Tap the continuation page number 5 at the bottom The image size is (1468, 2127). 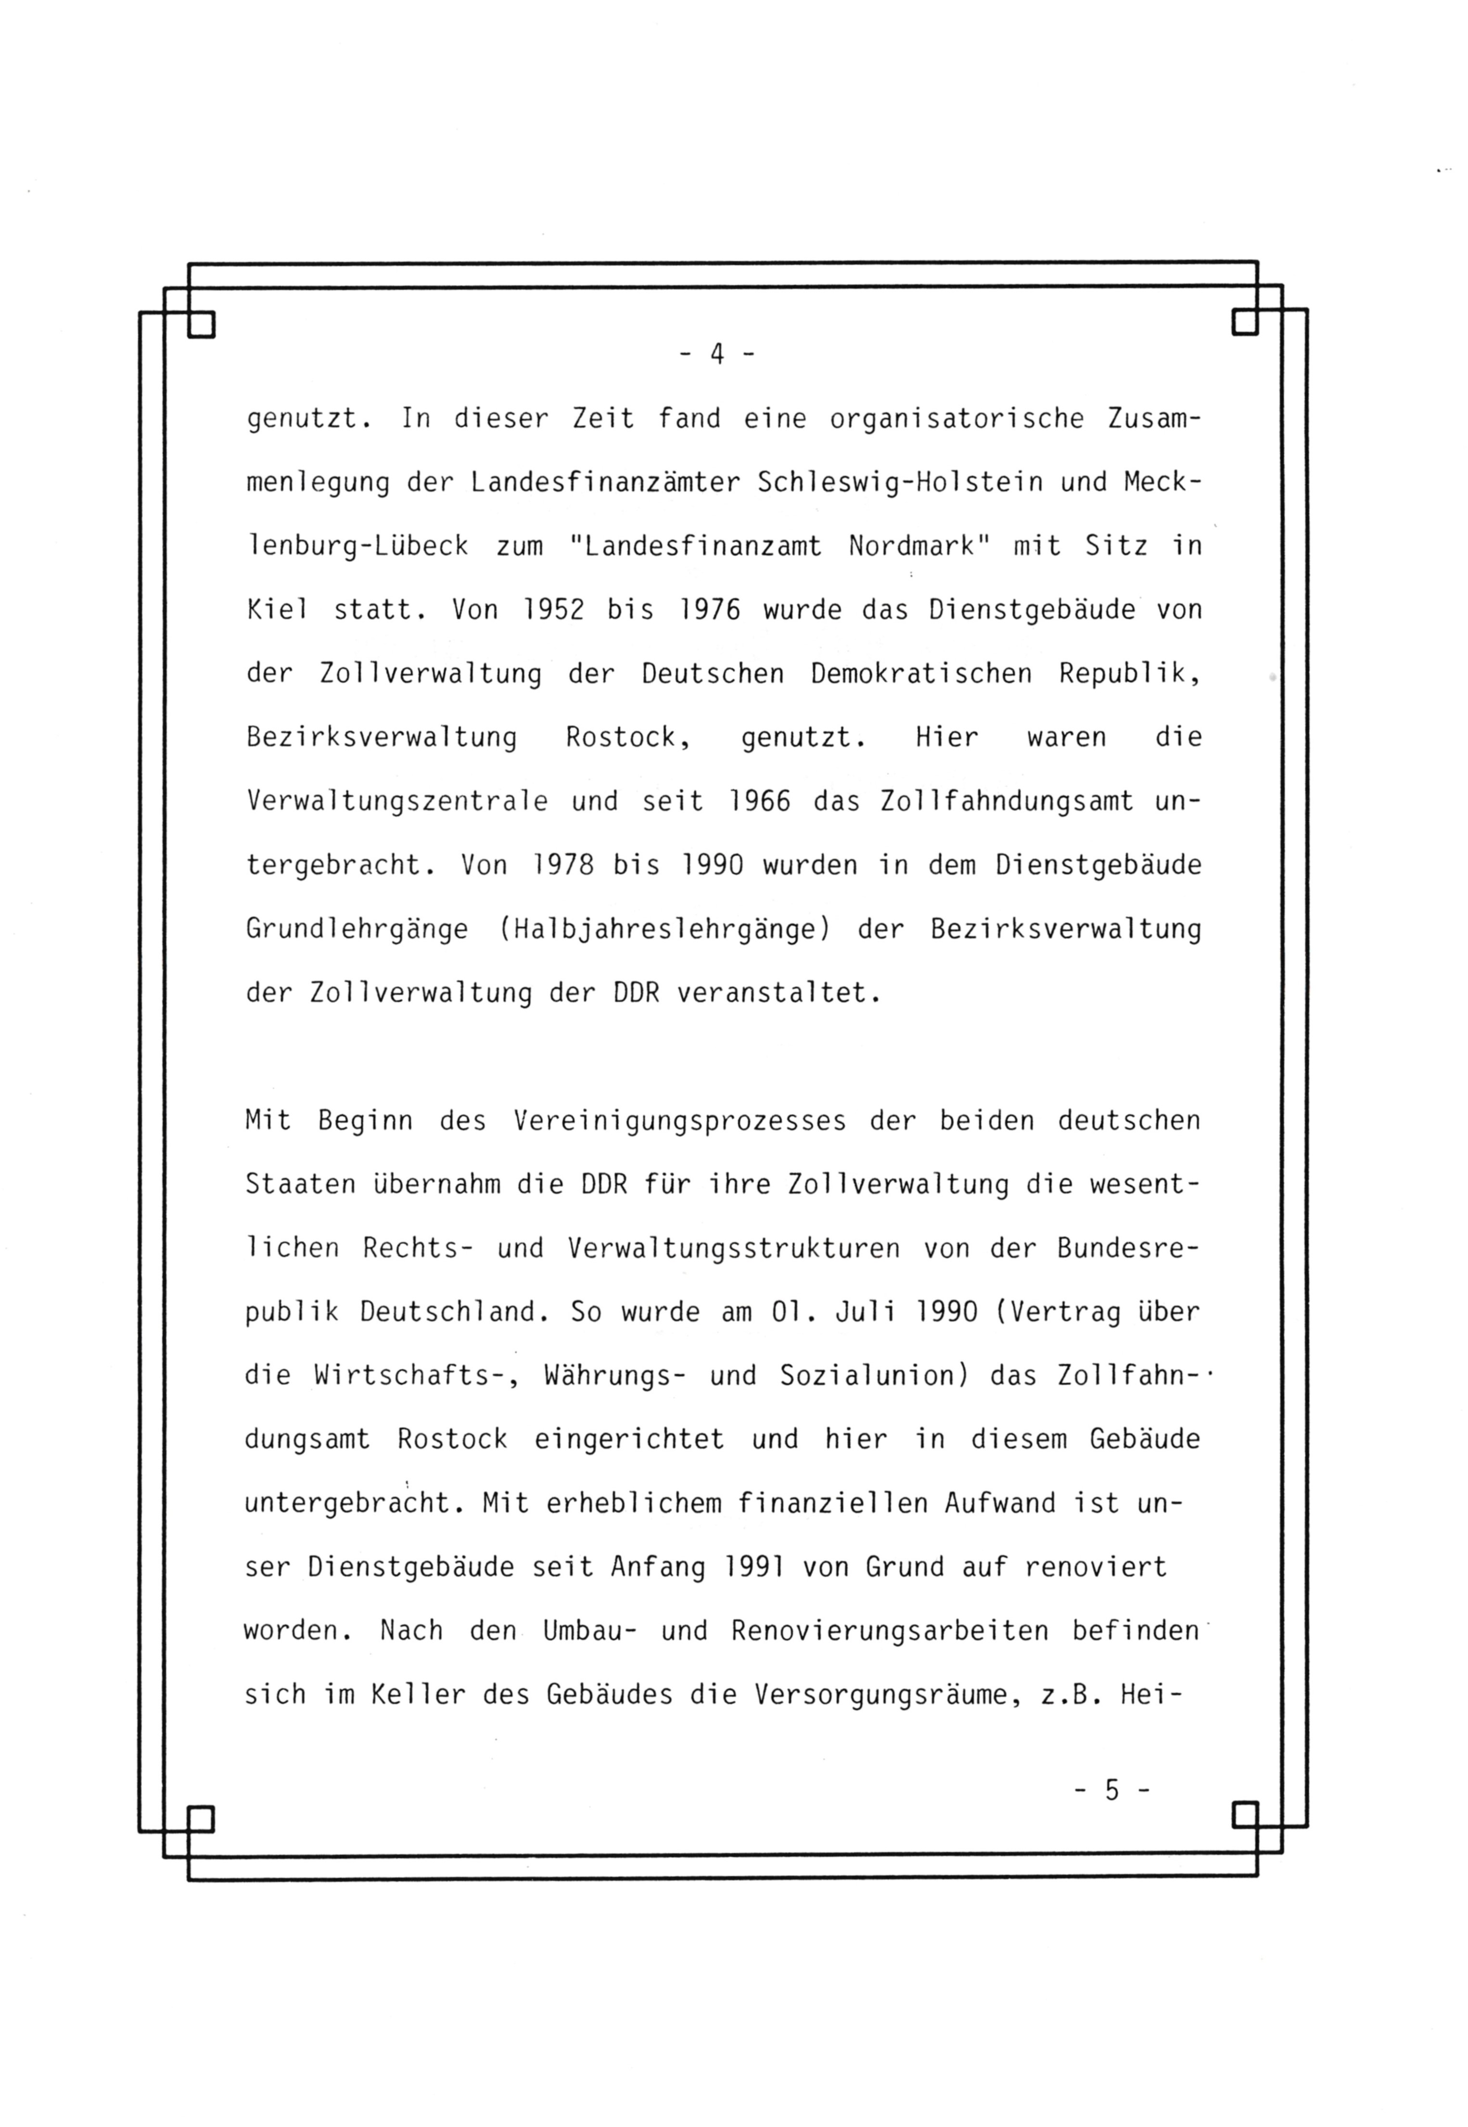[1112, 1790]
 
